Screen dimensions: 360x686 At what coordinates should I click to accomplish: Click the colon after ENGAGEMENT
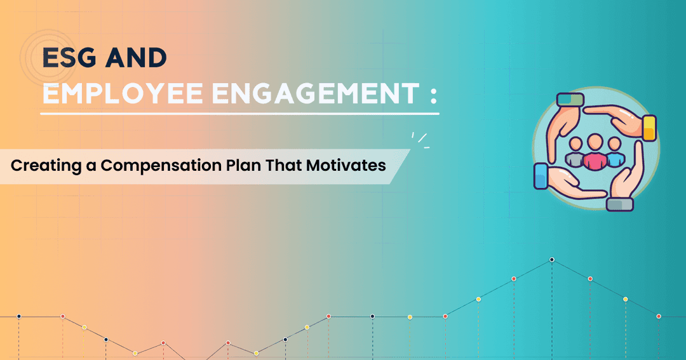coord(433,96)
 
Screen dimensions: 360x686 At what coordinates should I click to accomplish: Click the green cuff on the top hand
coord(570,100)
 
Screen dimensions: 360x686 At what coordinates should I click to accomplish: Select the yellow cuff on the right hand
coord(649,128)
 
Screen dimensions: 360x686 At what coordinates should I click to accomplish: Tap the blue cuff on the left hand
coord(541,177)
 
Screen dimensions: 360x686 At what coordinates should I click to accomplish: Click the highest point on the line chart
coord(552,260)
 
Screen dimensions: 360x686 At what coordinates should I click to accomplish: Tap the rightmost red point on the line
coord(659,316)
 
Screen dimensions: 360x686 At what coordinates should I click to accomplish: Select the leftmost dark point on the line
coord(19,316)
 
